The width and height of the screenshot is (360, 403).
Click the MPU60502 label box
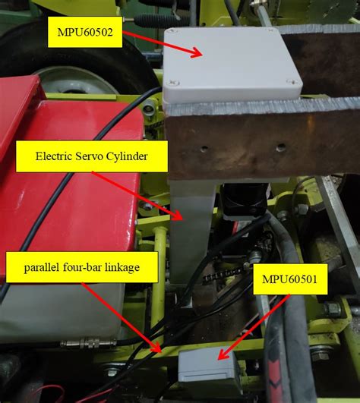pos(84,32)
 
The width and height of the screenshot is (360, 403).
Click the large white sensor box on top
pos(231,65)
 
